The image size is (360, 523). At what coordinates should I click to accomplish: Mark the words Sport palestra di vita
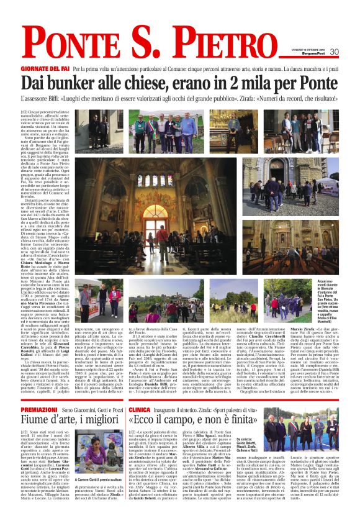[x=215, y=411]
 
